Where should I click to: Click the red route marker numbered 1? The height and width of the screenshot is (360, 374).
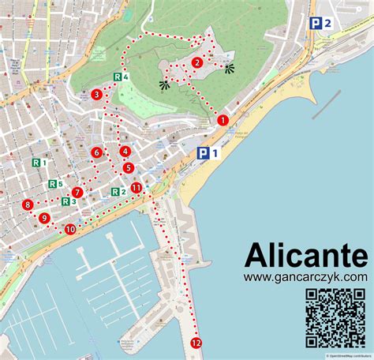click(x=223, y=121)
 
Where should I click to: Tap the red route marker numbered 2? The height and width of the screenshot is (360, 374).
click(x=197, y=63)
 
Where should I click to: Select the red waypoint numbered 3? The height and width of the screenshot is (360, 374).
click(x=96, y=95)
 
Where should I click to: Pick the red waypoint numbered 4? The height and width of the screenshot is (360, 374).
click(x=125, y=152)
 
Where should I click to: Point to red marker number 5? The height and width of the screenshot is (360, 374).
click(x=129, y=167)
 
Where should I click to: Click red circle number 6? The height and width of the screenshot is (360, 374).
click(x=96, y=152)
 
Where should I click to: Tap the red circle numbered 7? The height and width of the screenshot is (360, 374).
click(x=77, y=192)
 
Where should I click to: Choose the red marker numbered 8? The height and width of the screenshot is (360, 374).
click(x=28, y=204)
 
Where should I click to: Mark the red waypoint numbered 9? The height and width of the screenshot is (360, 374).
click(x=44, y=218)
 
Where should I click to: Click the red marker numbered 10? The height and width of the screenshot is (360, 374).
click(x=70, y=229)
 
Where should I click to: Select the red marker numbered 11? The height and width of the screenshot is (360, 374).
click(x=137, y=188)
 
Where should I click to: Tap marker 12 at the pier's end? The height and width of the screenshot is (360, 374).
click(x=196, y=343)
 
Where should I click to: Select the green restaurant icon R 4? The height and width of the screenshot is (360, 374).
click(x=120, y=77)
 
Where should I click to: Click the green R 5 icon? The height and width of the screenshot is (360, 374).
click(x=55, y=184)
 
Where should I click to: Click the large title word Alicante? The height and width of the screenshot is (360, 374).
click(x=305, y=256)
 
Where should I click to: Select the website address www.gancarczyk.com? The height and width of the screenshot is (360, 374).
click(x=305, y=277)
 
